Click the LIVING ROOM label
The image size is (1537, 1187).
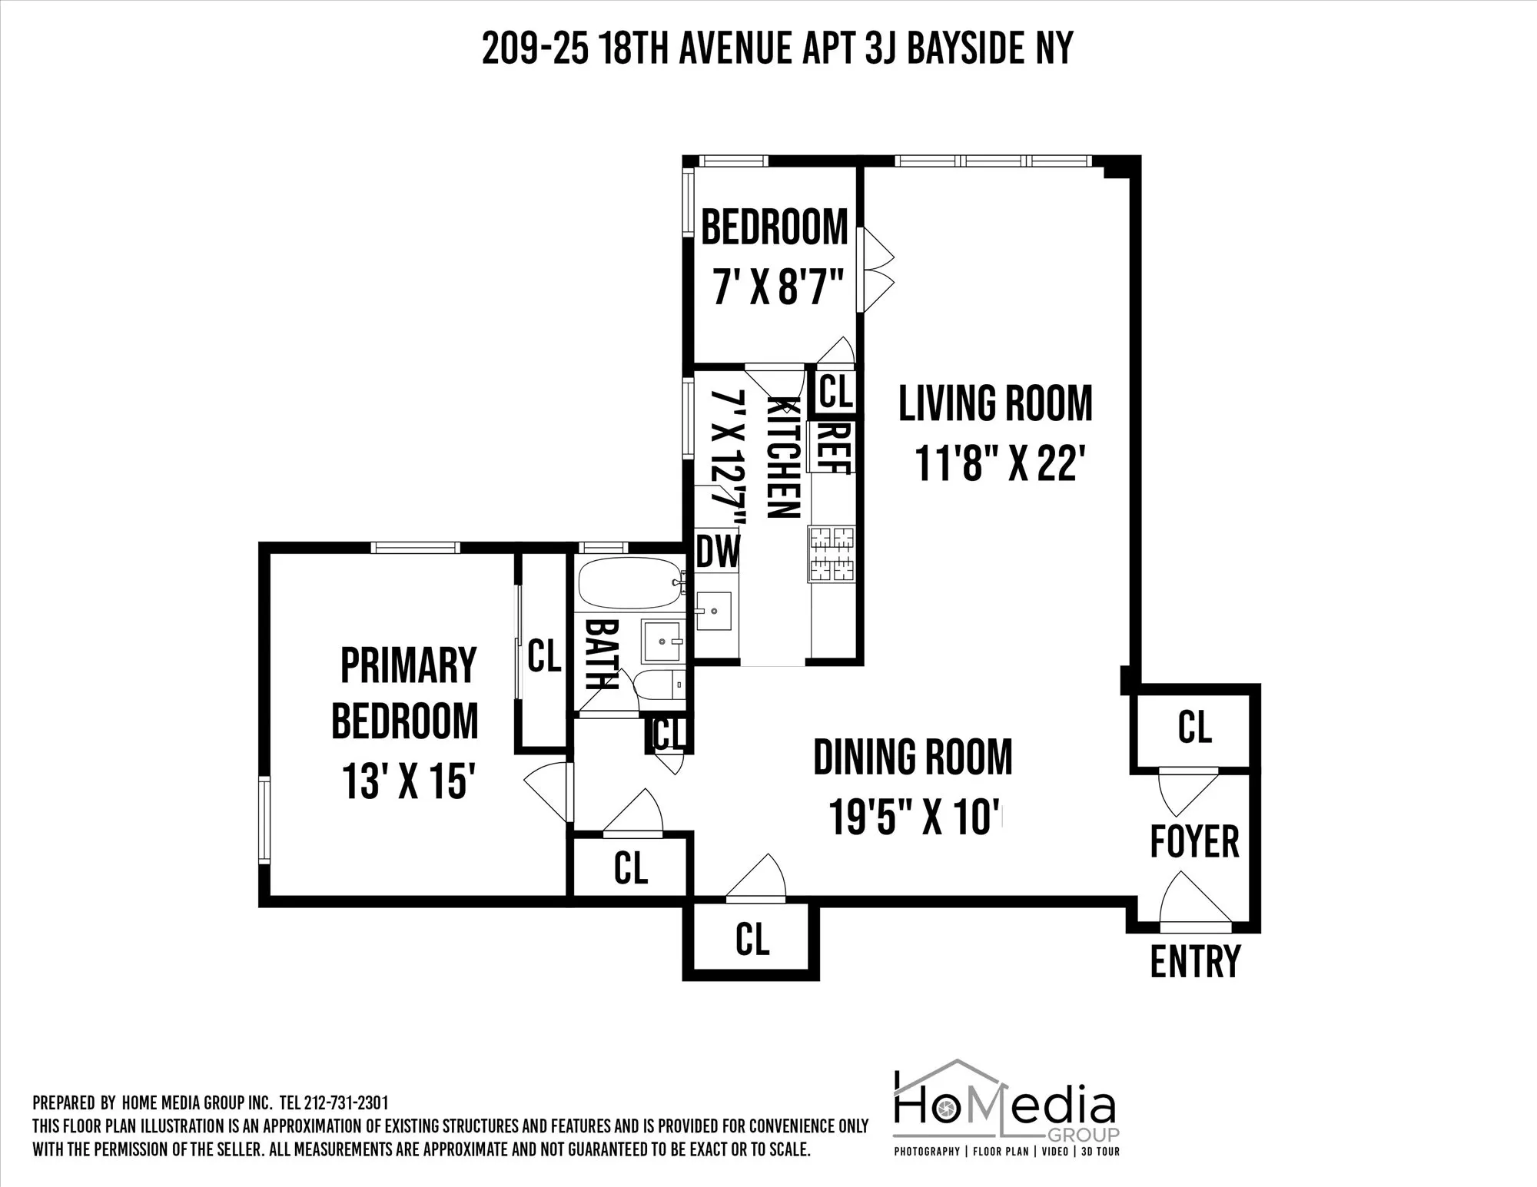pos(994,403)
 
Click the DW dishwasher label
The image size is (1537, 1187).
pos(717,552)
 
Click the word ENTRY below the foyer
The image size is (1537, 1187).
pos(1195,960)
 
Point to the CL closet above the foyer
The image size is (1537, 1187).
pos(1194,727)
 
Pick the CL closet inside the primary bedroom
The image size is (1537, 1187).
pos(544,657)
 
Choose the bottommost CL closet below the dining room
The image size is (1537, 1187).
pos(752,939)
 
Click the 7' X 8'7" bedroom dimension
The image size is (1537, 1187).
pos(774,290)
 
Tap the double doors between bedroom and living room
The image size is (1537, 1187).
pos(876,269)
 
